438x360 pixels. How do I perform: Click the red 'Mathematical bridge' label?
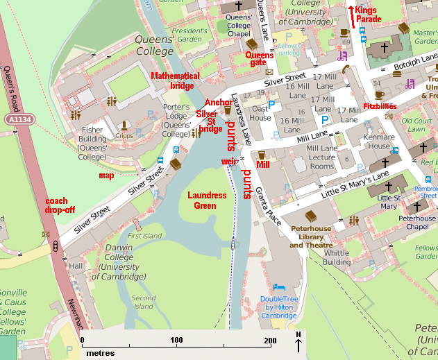pos(175,81)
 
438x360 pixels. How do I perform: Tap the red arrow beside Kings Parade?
pos(351,15)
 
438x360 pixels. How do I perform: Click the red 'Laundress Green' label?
pos(207,200)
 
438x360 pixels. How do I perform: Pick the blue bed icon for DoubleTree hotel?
pos(279,287)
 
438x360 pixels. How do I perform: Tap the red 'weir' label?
pos(229,161)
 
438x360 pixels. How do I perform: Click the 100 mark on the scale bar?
pos(176,340)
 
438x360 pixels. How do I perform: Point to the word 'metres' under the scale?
pos(101,352)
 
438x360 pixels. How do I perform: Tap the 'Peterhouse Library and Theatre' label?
pos(311,237)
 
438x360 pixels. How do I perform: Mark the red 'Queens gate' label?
pos(260,58)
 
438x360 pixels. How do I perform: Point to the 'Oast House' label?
pos(260,113)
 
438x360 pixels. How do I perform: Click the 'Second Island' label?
pos(144,302)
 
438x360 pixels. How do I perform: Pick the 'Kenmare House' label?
pos(379,142)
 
